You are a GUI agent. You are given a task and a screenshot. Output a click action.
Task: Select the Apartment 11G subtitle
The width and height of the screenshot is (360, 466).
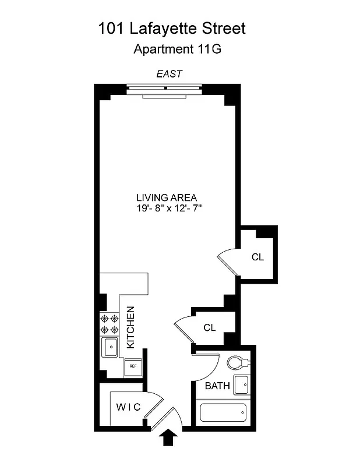click(178, 49)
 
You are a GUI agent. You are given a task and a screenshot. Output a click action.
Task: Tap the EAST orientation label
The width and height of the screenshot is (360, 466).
click(170, 74)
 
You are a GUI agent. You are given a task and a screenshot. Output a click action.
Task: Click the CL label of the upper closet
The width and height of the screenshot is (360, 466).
click(257, 257)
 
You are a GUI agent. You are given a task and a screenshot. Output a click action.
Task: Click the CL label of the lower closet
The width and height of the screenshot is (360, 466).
click(210, 328)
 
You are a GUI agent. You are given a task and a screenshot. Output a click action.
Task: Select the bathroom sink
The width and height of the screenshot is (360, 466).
click(241, 385)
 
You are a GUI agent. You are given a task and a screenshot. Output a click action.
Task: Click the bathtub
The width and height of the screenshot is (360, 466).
click(224, 413)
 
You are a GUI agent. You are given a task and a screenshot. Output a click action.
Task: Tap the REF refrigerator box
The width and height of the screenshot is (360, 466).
click(132, 366)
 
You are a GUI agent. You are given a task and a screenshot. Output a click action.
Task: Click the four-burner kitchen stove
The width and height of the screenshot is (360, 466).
click(110, 324)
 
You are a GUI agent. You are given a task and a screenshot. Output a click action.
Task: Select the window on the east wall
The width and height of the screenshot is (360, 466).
click(165, 89)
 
